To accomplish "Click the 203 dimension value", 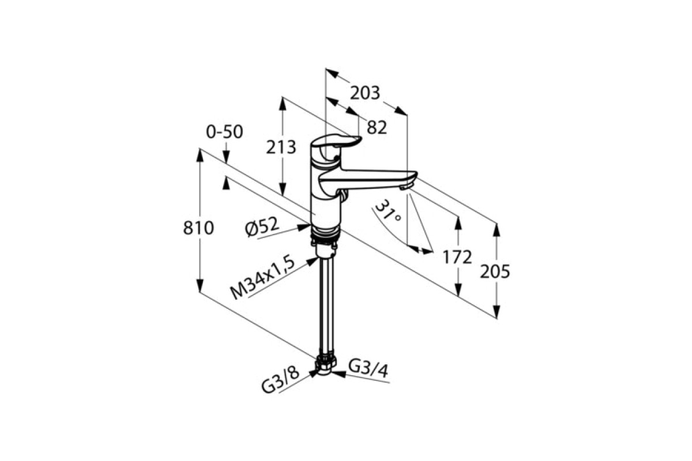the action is click(x=364, y=93).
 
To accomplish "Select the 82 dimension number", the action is click(x=377, y=127).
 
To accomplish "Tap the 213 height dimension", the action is click(x=281, y=147).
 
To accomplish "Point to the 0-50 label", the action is click(x=224, y=132).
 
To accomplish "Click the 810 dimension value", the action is click(x=198, y=229).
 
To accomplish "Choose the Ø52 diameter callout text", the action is click(x=262, y=227).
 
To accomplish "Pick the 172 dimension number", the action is click(x=457, y=257).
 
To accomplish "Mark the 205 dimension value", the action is click(x=495, y=272).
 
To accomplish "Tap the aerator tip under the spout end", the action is click(x=405, y=186).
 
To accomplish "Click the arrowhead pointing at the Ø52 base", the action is click(x=304, y=228).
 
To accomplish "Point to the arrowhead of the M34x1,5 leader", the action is click(x=312, y=261).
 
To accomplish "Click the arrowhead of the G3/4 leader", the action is click(x=339, y=374).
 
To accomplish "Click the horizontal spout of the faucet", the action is click(x=368, y=179).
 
